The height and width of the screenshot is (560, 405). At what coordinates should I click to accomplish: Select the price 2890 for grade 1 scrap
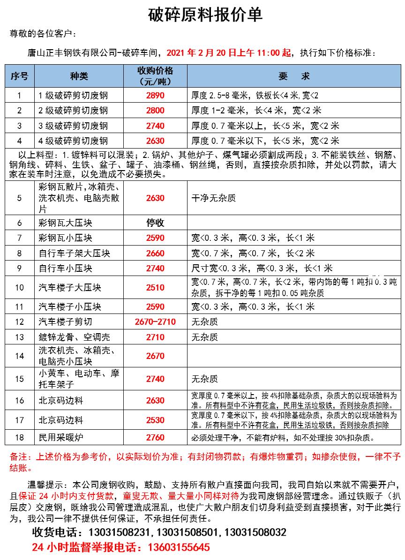155,96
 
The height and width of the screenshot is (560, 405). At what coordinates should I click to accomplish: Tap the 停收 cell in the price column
155,223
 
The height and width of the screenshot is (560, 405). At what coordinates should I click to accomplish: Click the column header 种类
79,76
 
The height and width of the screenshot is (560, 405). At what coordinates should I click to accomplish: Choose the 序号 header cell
19,76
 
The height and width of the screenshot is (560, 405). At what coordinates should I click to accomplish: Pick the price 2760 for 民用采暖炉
155,438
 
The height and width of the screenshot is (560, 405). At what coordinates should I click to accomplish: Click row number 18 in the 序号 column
19,438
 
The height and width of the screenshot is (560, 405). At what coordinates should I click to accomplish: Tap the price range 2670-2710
155,322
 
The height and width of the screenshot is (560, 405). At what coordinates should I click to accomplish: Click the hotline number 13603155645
179,547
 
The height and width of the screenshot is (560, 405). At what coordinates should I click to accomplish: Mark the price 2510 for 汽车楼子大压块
155,288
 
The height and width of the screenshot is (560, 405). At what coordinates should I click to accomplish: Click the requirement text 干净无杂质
213,198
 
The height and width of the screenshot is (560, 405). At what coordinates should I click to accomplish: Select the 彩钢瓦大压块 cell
66,223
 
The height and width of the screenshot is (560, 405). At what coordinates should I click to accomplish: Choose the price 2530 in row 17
155,420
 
